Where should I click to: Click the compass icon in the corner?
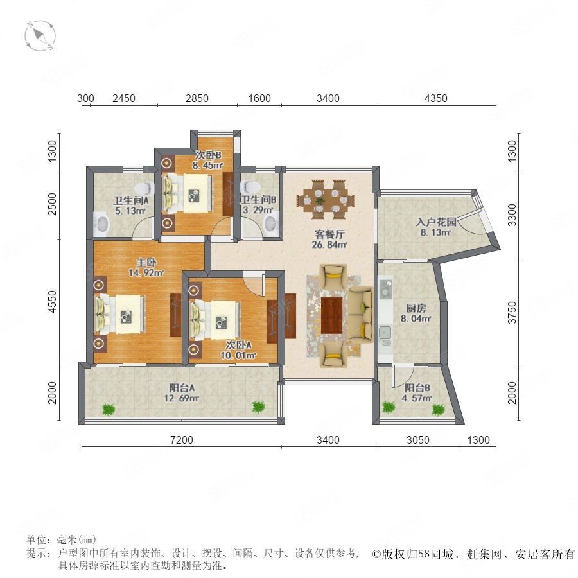click(x=40, y=36)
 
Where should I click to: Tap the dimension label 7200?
click(x=182, y=440)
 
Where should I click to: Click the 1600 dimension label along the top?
click(x=259, y=98)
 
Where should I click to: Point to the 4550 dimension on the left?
click(x=53, y=302)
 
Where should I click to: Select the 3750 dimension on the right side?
click(x=512, y=312)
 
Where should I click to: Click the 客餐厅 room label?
click(x=329, y=234)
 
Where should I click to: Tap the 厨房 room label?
click(x=416, y=308)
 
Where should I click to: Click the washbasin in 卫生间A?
click(x=101, y=223)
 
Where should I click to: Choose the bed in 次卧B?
click(x=188, y=193)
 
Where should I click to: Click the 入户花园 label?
click(x=436, y=222)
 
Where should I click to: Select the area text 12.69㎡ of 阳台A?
click(x=182, y=398)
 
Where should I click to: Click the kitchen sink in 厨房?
click(x=385, y=333)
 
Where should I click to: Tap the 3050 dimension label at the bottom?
click(x=417, y=440)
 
